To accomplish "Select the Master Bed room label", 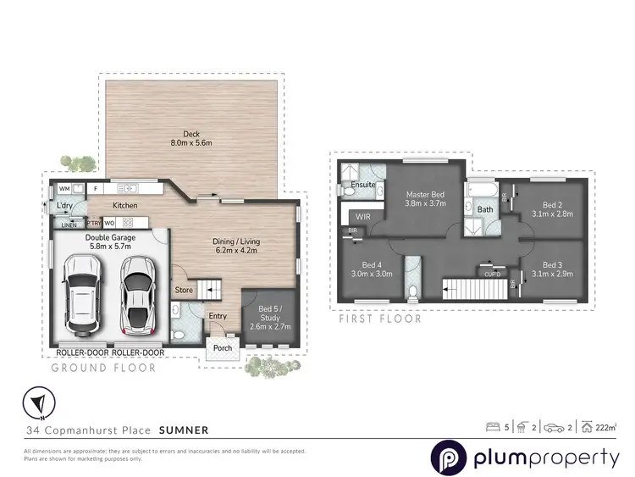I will [425, 199].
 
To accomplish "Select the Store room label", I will [184, 291].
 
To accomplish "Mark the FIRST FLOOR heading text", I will [380, 319].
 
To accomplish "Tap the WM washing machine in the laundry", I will [63, 189].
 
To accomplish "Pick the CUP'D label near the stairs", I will [491, 273].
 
